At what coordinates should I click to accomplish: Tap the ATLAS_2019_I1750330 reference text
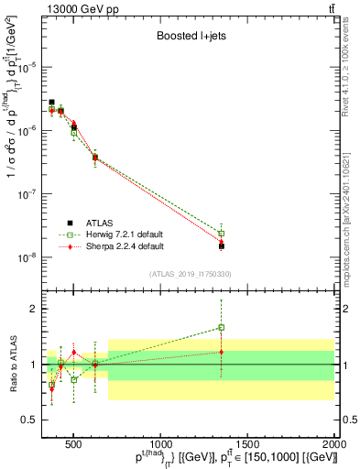coord(191,274)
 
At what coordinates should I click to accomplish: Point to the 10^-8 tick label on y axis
coord(27,257)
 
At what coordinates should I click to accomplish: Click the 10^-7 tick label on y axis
coord(27,194)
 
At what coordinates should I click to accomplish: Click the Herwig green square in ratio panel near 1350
coord(221,327)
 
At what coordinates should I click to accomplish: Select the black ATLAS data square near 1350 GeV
coord(221,246)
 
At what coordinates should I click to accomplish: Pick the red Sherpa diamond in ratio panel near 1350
coord(221,352)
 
